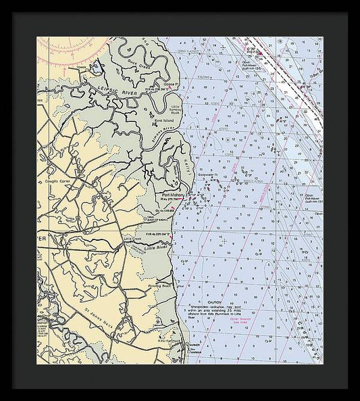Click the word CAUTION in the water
[x=215, y=302]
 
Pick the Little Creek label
[x=132, y=239]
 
